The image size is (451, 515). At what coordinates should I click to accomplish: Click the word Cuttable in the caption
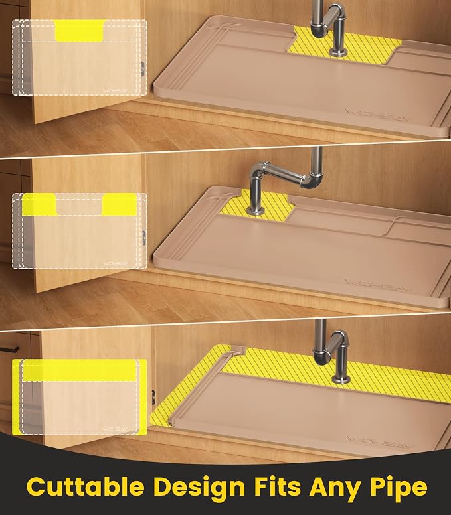(x=85, y=486)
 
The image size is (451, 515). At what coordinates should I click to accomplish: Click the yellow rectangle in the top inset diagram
(x=80, y=31)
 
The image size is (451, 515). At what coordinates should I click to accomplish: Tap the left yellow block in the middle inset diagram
(x=39, y=204)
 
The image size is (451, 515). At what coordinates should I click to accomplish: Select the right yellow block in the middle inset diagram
(x=119, y=204)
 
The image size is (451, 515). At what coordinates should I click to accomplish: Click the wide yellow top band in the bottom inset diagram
(x=79, y=370)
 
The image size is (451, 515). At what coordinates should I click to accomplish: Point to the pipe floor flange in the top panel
(x=337, y=51)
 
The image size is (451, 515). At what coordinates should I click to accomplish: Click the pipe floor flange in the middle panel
(x=255, y=211)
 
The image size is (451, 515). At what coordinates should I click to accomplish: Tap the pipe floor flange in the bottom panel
(x=341, y=380)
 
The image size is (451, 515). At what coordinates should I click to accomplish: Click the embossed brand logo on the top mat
(x=375, y=115)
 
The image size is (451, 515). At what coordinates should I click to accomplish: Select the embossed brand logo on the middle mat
(x=377, y=285)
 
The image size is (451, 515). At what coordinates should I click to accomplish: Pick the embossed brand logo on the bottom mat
(x=380, y=441)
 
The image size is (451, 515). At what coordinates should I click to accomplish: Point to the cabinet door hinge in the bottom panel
(x=153, y=396)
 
